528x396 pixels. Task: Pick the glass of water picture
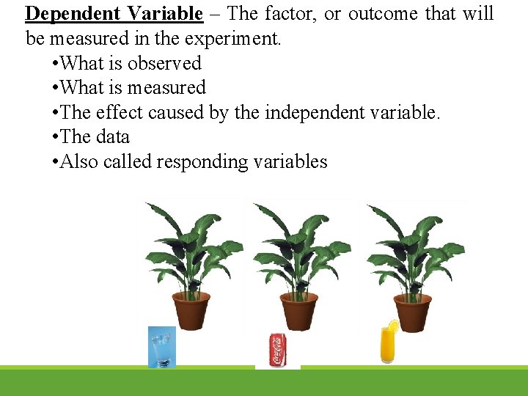[161, 346]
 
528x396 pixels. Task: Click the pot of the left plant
[191, 311]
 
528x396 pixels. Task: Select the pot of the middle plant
[298, 311]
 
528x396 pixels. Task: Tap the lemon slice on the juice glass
[394, 326]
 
